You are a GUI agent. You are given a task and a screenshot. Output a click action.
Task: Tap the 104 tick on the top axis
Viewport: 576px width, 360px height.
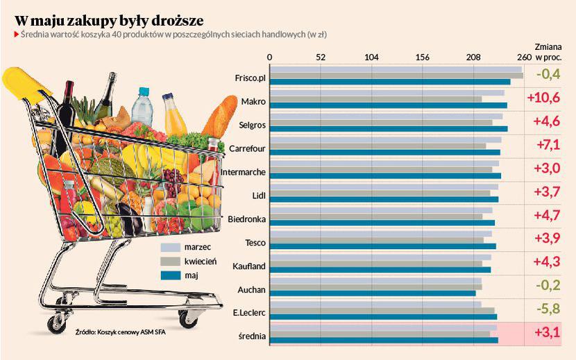tap(371, 58)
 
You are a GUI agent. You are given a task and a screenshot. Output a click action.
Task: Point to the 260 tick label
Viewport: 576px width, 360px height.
tap(525, 58)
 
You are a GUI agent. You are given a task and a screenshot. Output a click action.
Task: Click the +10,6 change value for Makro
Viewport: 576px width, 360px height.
tap(543, 98)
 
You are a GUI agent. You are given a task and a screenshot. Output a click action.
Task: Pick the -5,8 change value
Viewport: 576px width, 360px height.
tap(547, 309)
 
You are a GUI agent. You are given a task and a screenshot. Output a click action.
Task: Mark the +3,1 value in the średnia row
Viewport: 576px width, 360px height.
tap(547, 333)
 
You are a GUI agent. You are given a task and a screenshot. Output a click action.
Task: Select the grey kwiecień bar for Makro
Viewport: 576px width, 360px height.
tap(375, 99)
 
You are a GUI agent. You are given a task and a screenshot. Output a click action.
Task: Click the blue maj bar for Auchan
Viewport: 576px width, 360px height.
tap(372, 293)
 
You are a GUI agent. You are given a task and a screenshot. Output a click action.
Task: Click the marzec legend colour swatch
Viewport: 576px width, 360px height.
tap(170, 247)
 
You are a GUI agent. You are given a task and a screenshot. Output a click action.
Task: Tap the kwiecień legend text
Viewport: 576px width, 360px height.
tap(201, 262)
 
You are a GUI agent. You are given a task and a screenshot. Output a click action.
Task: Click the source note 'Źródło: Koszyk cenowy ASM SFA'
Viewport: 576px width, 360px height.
tap(120, 332)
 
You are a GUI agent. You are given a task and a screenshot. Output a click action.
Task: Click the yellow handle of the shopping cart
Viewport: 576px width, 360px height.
tap(24, 83)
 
